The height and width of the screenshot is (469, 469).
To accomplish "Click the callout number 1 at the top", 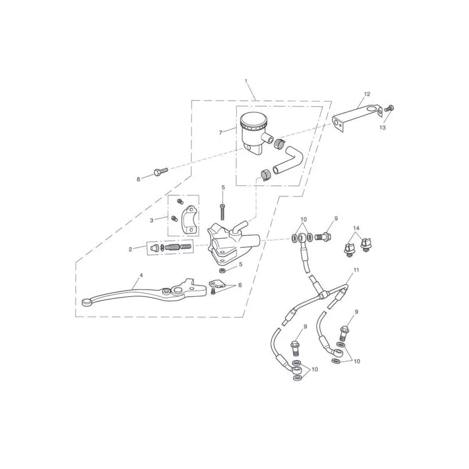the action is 246,81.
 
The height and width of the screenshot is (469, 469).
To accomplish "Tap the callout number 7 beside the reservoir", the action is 221,132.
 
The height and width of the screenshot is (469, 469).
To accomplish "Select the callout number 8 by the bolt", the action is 138,179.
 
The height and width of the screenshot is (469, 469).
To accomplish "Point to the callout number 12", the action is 368,94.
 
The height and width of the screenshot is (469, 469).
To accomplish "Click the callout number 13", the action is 383,128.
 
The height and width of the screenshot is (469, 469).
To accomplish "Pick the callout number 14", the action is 356,228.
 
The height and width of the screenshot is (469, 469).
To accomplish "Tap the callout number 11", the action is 356,270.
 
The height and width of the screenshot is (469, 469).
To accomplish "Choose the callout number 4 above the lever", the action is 141,275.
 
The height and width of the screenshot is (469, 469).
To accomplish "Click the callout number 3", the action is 152,220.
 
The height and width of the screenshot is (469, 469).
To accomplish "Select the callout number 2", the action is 130,249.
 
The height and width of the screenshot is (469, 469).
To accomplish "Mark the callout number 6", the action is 240,286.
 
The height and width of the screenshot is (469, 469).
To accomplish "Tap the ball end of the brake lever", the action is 86,303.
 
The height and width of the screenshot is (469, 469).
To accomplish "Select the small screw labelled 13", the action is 389,108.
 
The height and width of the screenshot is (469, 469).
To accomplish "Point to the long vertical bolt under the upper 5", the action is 223,212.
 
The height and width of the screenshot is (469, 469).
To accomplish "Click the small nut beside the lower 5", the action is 223,271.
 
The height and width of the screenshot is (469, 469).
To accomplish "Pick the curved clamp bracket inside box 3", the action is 189,220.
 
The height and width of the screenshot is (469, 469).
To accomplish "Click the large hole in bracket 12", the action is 373,109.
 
